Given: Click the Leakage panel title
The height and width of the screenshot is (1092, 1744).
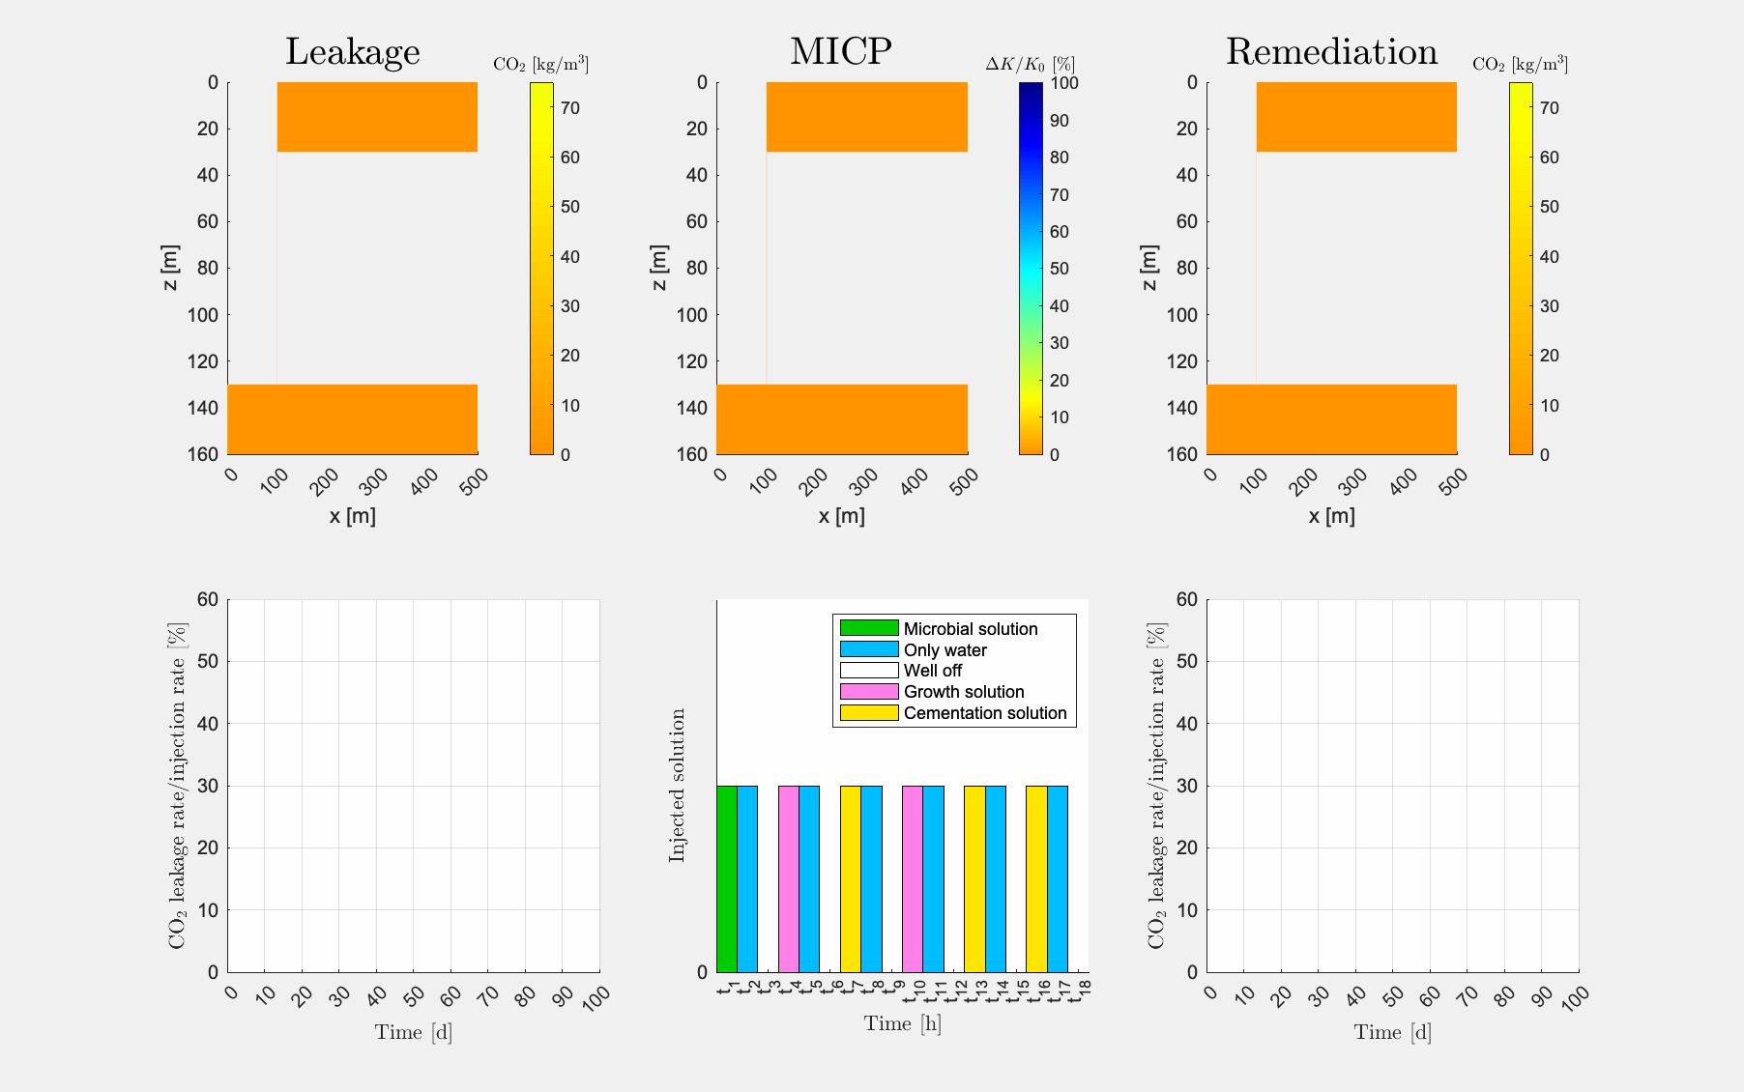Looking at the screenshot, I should pyautogui.click(x=352, y=52).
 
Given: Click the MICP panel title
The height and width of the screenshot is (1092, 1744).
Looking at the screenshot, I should pyautogui.click(x=840, y=52).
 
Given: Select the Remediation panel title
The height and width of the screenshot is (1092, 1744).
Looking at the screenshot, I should pyautogui.click(x=1331, y=52).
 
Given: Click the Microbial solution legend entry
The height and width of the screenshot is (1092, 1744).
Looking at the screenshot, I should pyautogui.click(x=970, y=629).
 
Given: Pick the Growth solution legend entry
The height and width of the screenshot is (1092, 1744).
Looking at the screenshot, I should pyautogui.click(x=963, y=692).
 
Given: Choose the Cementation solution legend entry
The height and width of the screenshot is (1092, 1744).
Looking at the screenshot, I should pyautogui.click(x=984, y=713).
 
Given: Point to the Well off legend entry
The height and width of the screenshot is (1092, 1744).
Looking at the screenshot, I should pyautogui.click(x=932, y=671).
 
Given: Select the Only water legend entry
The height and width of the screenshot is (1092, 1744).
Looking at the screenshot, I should pyautogui.click(x=945, y=650).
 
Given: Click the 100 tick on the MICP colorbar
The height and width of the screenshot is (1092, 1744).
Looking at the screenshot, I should pyautogui.click(x=1064, y=83).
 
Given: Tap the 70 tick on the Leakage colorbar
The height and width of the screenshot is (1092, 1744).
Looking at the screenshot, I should pyautogui.click(x=570, y=108).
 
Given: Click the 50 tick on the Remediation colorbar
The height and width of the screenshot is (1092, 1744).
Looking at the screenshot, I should pyautogui.click(x=1550, y=207).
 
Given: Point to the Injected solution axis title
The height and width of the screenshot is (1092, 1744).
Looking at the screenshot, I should pyautogui.click(x=678, y=785).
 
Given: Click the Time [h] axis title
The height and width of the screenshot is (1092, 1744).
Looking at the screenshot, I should pyautogui.click(x=902, y=1023).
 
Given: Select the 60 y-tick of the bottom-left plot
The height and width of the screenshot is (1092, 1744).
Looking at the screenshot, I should pyautogui.click(x=207, y=599).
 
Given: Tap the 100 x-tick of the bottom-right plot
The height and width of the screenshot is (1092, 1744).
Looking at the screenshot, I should pyautogui.click(x=1574, y=998).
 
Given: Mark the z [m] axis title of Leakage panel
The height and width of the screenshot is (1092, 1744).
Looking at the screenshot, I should pyautogui.click(x=170, y=268).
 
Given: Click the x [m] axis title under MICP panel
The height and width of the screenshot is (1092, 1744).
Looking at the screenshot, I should pyautogui.click(x=841, y=516).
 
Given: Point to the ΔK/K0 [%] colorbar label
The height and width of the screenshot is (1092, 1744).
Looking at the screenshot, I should pyautogui.click(x=1030, y=65).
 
